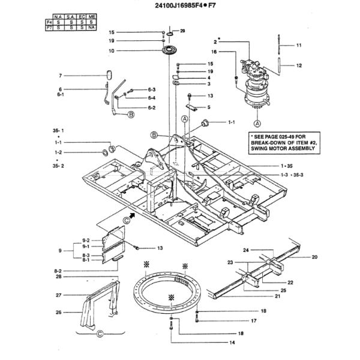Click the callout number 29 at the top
183,31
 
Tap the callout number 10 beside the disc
111,50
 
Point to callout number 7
60,76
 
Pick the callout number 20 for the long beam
314,257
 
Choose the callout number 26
59,312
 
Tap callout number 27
59,295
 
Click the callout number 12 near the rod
299,65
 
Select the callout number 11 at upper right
299,46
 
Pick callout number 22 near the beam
290,282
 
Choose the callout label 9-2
85,239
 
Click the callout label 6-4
152,98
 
